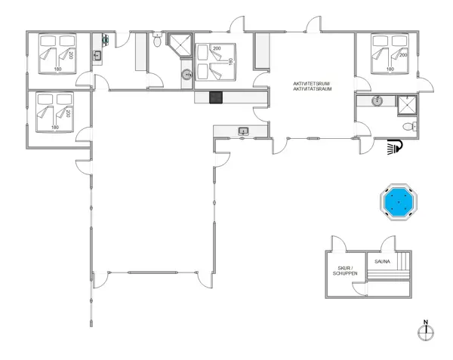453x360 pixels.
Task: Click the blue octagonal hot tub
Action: [x=399, y=202]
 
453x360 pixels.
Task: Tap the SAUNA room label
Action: [x=382, y=262]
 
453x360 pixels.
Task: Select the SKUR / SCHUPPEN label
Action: [x=345, y=271]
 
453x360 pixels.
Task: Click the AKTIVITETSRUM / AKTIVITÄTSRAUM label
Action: [x=313, y=86]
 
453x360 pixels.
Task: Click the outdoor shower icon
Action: [x=395, y=146]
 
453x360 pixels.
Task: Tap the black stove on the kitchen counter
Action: [x=216, y=97]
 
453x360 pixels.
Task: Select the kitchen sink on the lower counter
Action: [x=244, y=131]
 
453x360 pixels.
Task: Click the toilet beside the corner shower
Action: [x=157, y=39]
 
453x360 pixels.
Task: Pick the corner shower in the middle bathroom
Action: [x=180, y=45]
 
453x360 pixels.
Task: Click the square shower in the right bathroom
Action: [x=407, y=106]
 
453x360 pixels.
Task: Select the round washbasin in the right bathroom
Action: [x=377, y=100]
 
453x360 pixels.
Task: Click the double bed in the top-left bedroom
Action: [x=58, y=54]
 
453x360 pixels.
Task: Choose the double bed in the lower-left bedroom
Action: [x=54, y=112]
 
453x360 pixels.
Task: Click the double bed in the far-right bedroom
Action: [x=390, y=54]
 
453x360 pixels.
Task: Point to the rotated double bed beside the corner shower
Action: [x=216, y=62]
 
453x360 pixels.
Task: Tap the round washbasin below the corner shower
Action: [x=187, y=75]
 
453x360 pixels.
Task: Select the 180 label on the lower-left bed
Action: [x=55, y=127]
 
